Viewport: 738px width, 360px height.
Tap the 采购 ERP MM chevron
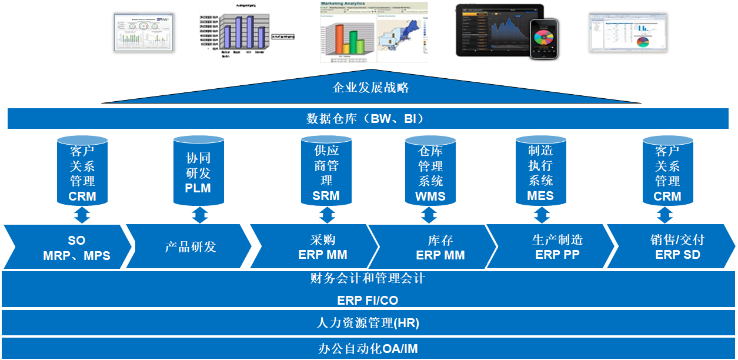pos(323,248)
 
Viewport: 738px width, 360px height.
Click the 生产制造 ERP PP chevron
pos(557,248)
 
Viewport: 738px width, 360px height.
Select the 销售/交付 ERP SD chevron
pos(676,248)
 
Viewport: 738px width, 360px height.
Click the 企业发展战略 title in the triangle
pos(370,88)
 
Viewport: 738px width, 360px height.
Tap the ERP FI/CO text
pos(368,300)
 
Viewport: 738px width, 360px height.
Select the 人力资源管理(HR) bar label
pos(368,323)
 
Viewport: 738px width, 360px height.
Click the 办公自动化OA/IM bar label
pos(368,348)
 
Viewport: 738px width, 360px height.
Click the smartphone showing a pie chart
pos(543,39)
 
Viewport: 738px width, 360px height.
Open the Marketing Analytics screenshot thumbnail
pos(373,32)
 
